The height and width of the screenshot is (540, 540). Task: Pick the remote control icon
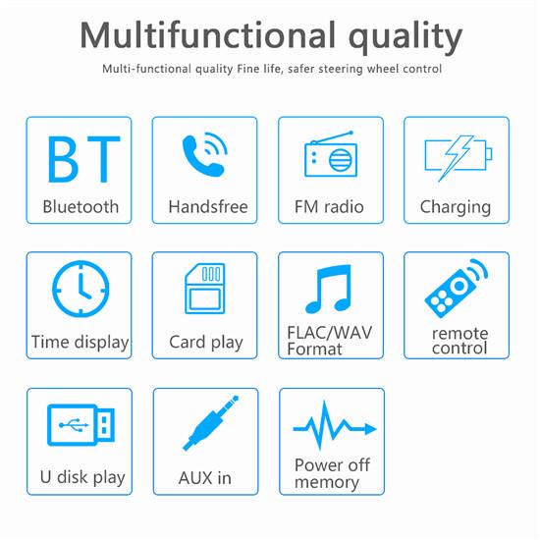click(456, 289)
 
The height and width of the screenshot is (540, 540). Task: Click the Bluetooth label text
click(81, 207)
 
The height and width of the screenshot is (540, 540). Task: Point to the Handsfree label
click(207, 207)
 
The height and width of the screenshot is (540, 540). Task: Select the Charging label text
click(456, 207)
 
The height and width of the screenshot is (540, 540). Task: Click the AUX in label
click(205, 478)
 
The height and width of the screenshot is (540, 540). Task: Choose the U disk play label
click(82, 478)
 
